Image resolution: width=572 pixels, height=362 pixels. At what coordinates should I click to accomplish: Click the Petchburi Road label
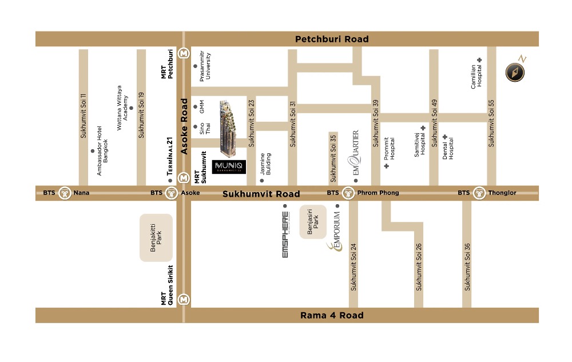pos(332,39)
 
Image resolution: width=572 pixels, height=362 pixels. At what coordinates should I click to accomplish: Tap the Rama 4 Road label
pos(332,315)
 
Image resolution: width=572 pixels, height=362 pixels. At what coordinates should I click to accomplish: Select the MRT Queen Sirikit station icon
pos(184,299)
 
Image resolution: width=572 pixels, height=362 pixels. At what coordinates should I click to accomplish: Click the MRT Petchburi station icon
pos(184,53)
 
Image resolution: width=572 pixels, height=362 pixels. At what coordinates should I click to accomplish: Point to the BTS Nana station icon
pos(65,193)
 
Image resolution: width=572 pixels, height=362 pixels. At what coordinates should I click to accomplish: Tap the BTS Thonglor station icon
pos(479,193)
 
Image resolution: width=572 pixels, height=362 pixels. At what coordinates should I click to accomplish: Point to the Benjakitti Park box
pos(156,238)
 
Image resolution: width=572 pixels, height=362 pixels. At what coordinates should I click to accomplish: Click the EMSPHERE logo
pos(285,234)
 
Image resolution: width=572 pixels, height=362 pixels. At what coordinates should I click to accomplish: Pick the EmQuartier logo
pos(355,153)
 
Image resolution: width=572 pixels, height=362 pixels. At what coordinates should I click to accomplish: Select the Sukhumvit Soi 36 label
pos(467,267)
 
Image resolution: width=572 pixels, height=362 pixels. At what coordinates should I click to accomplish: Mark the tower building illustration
pos(229,129)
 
